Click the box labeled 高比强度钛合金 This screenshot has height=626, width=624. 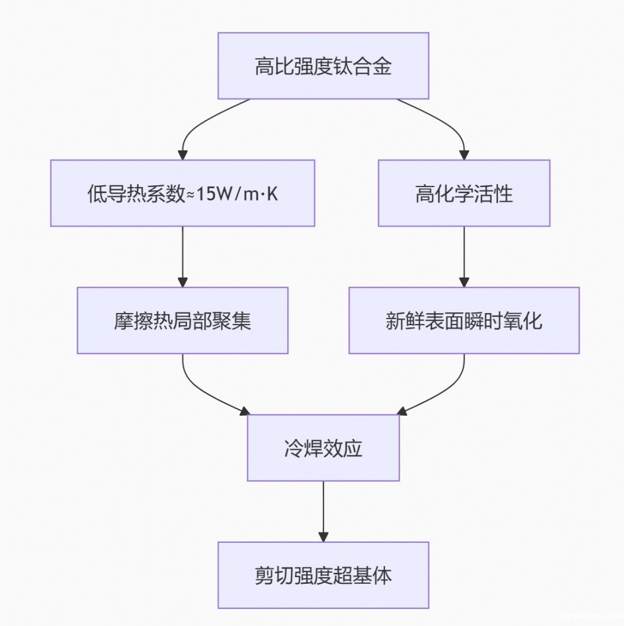[x=323, y=65]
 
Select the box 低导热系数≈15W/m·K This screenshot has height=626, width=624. [x=182, y=193]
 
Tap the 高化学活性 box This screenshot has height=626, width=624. [x=464, y=193]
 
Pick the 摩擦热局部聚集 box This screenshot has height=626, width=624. [x=182, y=320]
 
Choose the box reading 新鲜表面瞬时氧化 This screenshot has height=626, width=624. [x=464, y=320]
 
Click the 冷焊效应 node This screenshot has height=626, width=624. [x=323, y=447]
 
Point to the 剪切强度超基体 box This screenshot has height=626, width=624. [x=323, y=575]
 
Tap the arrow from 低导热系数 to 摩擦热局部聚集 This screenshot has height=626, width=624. [x=182, y=257]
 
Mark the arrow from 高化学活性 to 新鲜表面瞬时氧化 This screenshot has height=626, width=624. [x=464, y=257]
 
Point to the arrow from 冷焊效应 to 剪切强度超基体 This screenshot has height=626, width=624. [x=323, y=511]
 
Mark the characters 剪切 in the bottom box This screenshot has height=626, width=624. [x=274, y=575]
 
